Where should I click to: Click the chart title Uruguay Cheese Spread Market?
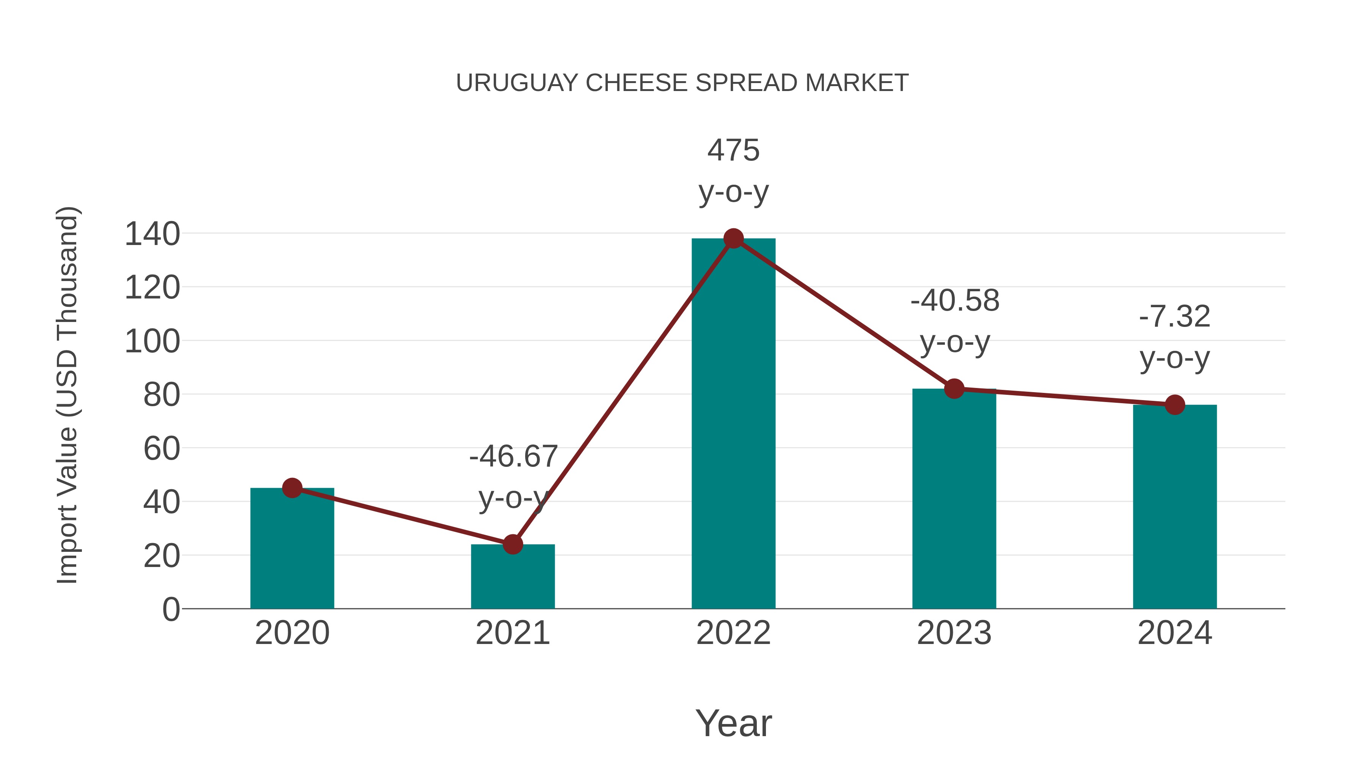682,83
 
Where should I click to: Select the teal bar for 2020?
292,551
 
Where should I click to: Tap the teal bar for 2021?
512,578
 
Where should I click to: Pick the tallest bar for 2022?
733,424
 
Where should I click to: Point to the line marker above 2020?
292,488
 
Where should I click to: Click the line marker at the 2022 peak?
733,239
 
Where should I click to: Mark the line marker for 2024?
1175,405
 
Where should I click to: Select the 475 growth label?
733,151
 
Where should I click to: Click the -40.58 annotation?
954,301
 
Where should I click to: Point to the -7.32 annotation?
1175,317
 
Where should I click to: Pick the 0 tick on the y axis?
171,609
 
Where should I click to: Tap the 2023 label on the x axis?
954,633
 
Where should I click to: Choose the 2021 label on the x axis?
512,633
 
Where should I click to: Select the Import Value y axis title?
68,395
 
